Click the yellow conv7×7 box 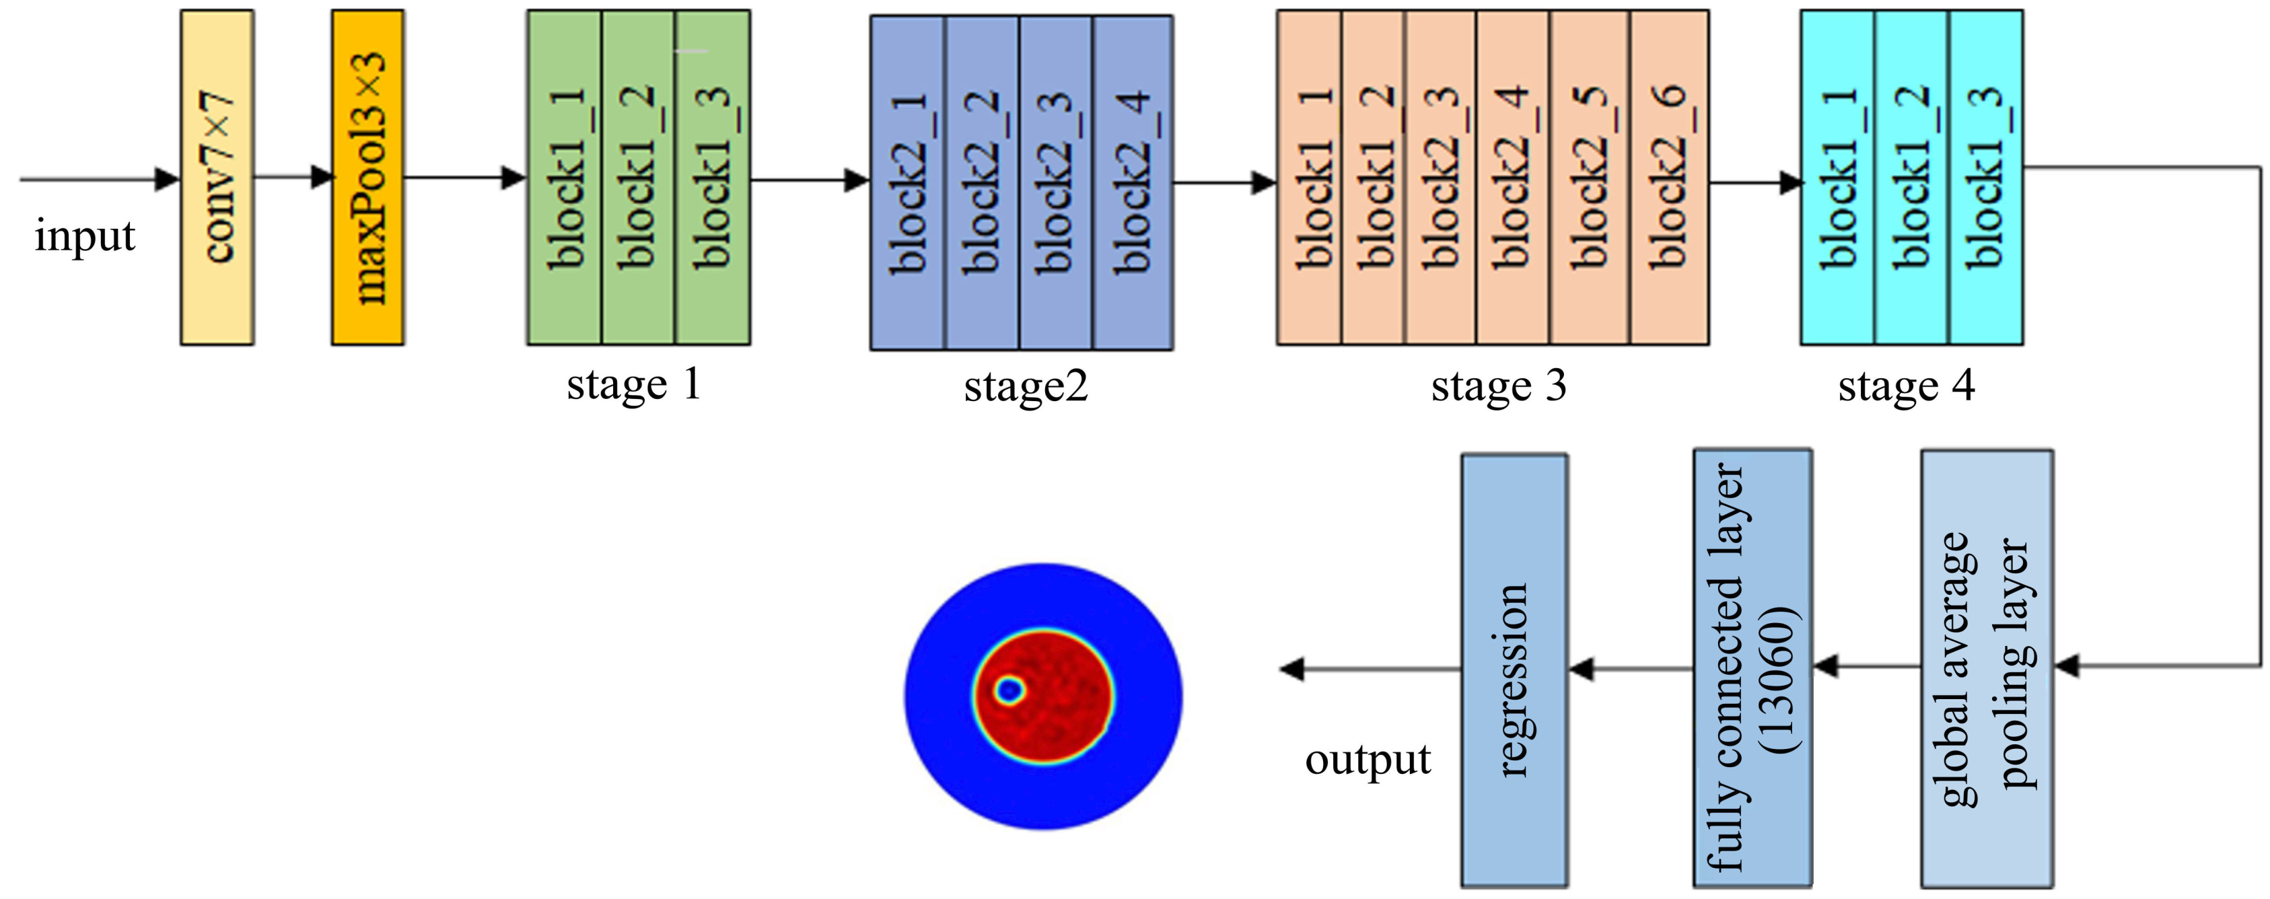(217, 177)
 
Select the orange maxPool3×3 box (367, 177)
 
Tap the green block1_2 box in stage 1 (638, 177)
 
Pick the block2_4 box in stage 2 (1133, 182)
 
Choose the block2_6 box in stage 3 (1669, 177)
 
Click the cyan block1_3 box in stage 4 (1985, 177)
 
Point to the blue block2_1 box (908, 182)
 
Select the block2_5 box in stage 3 (1590, 177)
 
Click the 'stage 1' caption (633, 384)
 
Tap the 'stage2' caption (1026, 386)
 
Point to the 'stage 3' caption (1498, 386)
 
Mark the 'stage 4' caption (1906, 386)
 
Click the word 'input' (85, 236)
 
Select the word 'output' (1368, 759)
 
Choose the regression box (1514, 670)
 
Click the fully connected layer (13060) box (1752, 668)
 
